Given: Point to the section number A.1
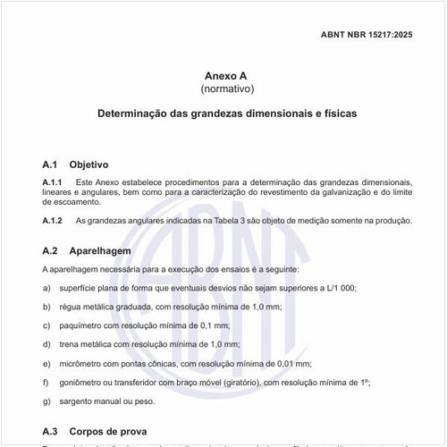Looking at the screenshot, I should pos(50,165).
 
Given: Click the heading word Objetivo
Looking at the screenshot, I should pos(89,165).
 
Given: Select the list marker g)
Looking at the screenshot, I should pos(46,400).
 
